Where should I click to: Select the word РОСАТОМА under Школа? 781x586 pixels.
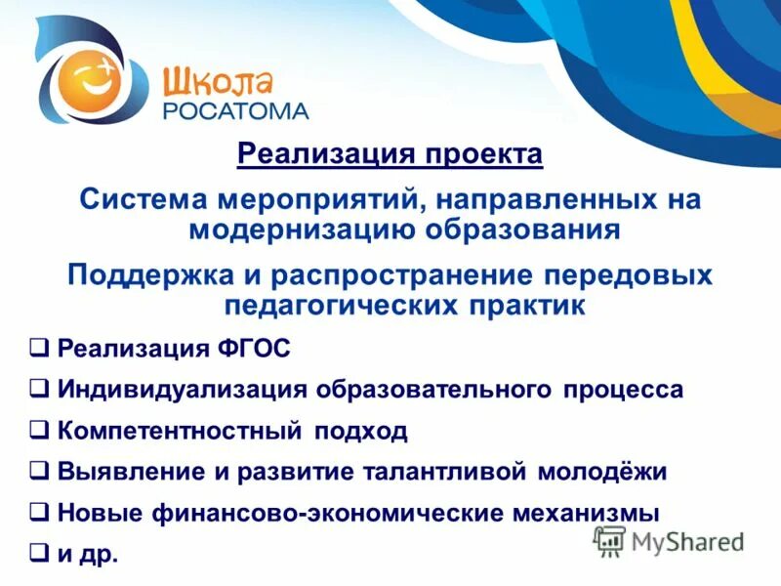pyautogui.click(x=235, y=109)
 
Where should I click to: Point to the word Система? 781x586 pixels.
pyautogui.click(x=142, y=199)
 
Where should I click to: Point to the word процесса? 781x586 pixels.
pyautogui.click(x=623, y=390)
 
